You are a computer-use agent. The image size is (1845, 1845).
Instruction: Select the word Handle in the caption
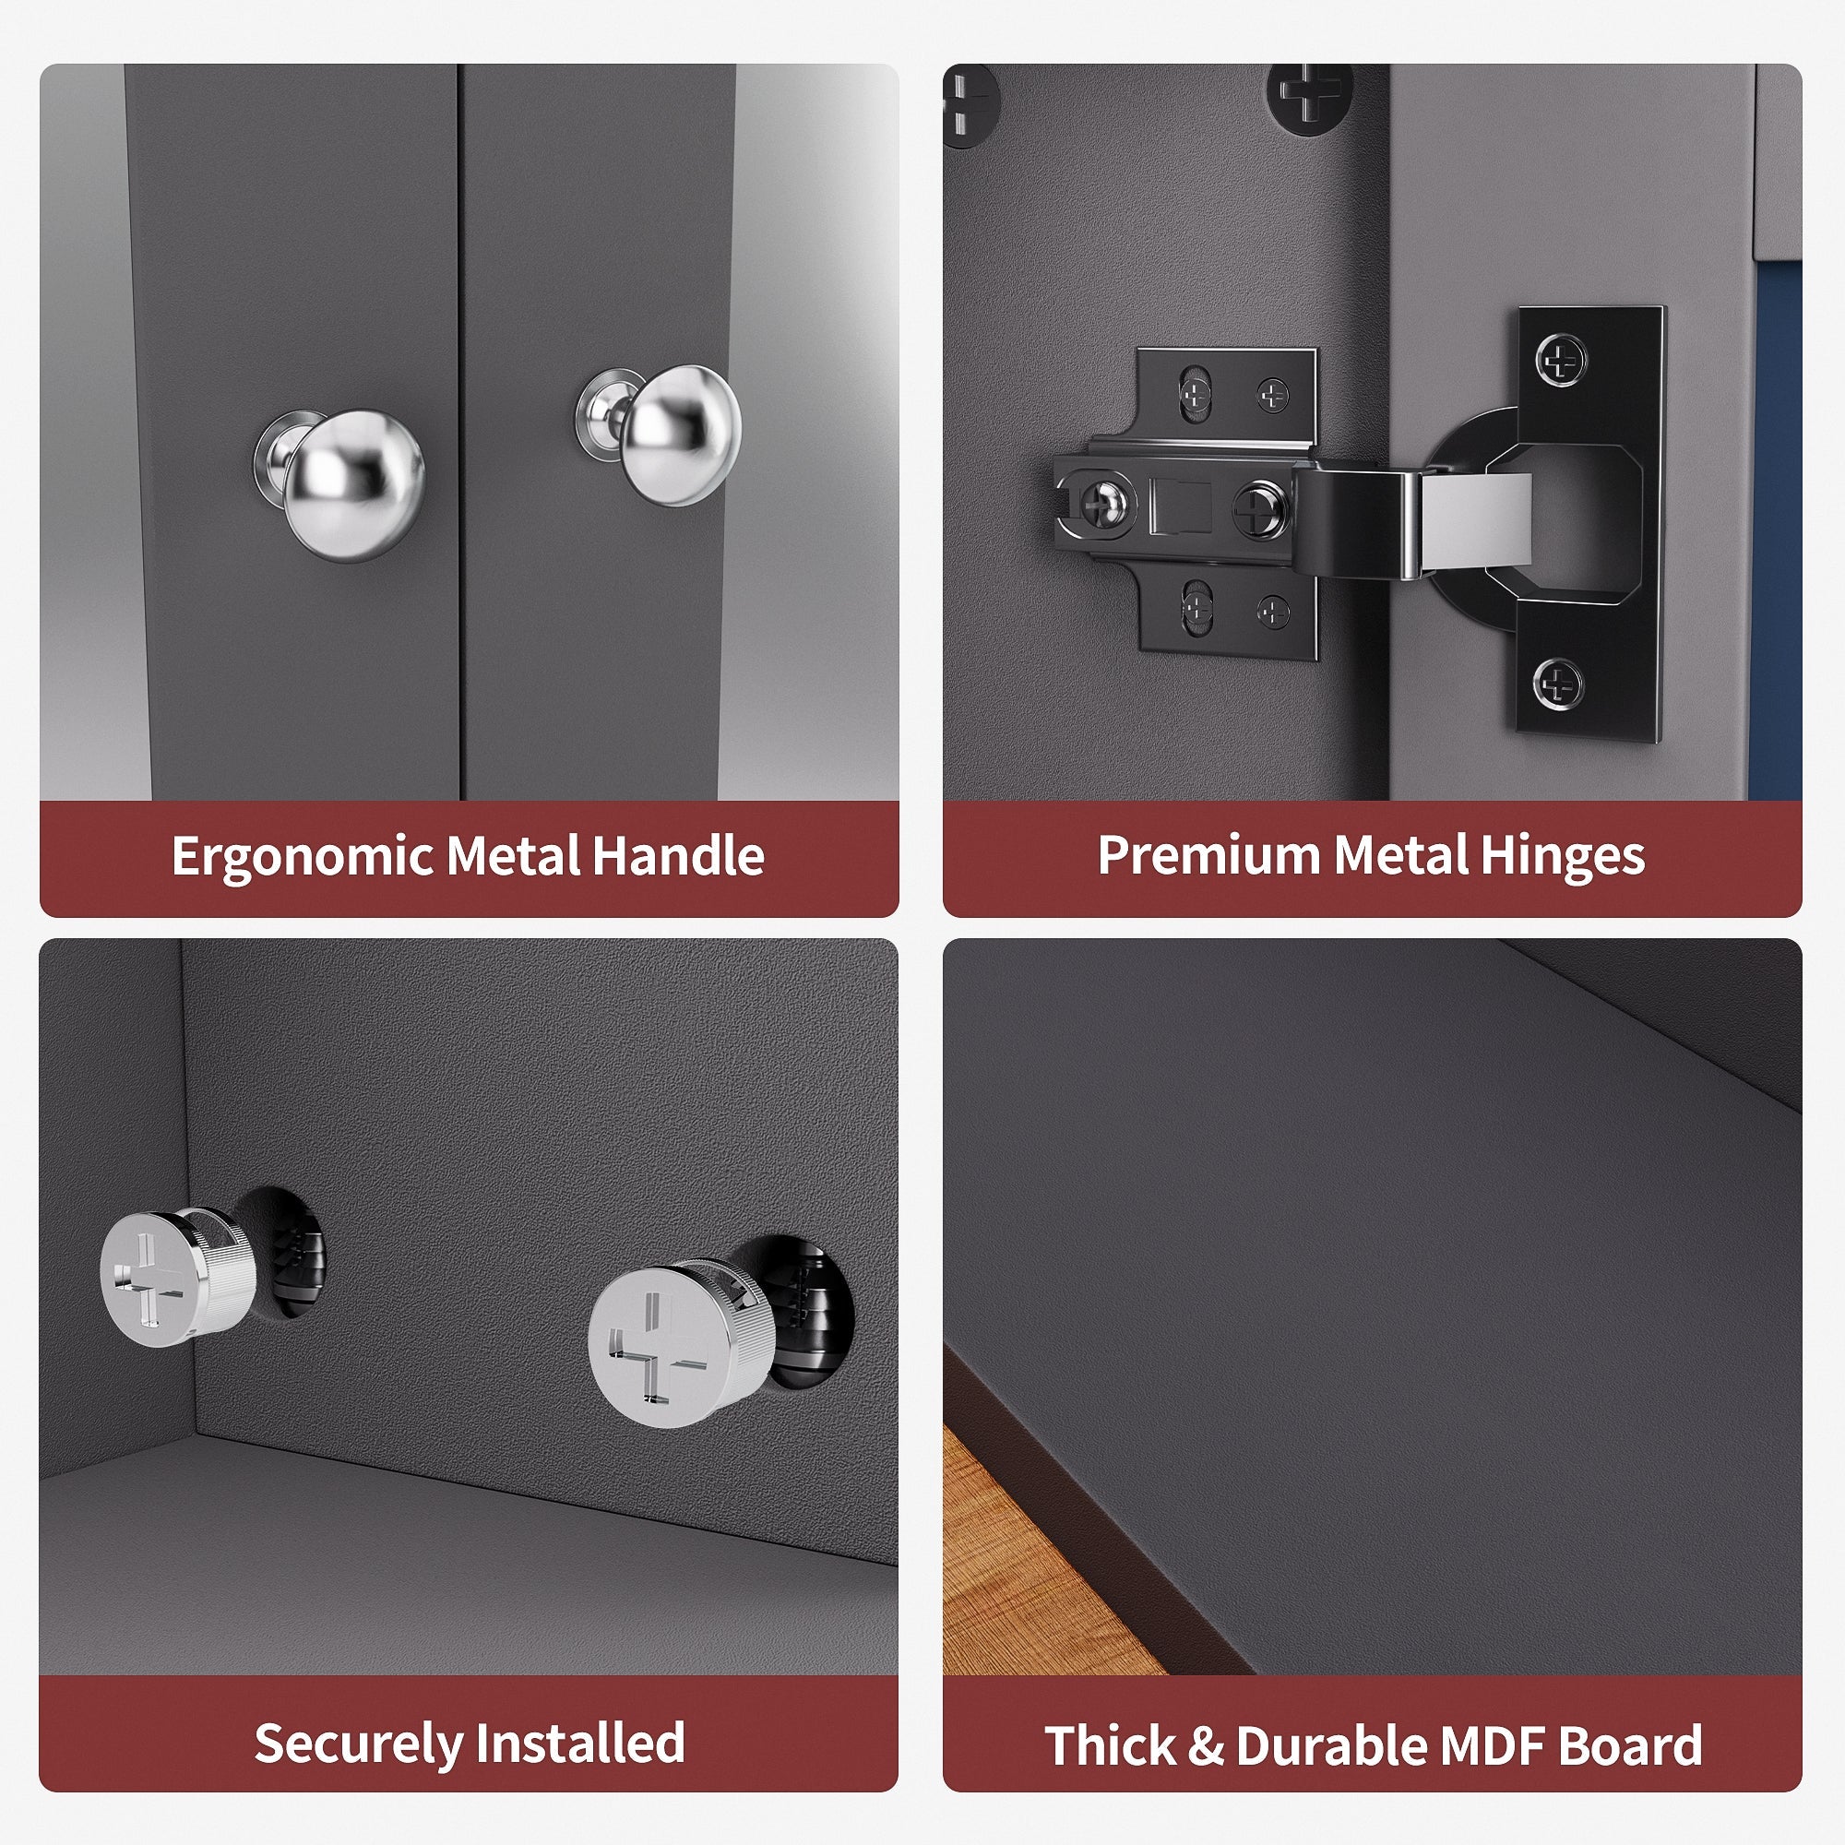click(x=677, y=856)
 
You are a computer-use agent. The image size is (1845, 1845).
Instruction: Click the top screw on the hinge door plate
click(x=1562, y=361)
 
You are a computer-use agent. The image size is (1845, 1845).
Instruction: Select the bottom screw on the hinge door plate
click(x=1562, y=683)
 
